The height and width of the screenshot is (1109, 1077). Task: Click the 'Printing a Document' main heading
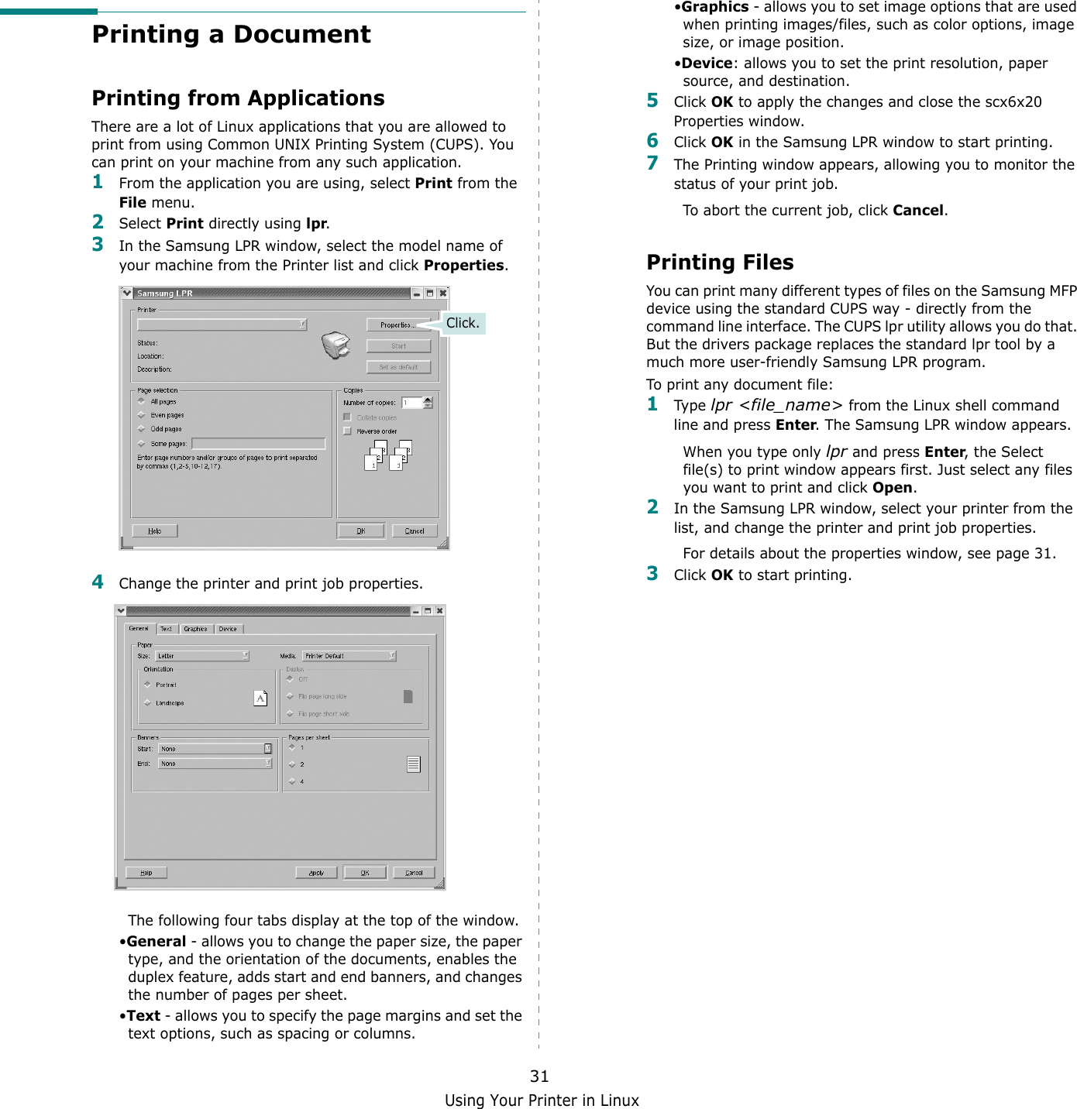click(x=231, y=35)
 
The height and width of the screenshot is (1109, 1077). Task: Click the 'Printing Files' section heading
click(x=720, y=263)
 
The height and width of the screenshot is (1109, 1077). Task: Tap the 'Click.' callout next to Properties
click(x=463, y=323)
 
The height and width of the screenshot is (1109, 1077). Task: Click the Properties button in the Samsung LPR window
click(x=398, y=325)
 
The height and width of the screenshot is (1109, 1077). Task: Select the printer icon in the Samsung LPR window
click(x=336, y=345)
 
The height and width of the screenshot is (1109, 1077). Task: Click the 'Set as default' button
click(x=398, y=367)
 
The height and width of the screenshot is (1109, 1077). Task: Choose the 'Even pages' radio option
click(x=143, y=415)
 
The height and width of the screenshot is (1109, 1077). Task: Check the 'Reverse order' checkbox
click(x=348, y=431)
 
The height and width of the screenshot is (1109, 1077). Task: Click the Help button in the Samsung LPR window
click(x=155, y=530)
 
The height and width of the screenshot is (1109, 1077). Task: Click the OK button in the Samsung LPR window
click(x=361, y=530)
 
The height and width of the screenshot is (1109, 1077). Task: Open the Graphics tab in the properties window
click(x=195, y=629)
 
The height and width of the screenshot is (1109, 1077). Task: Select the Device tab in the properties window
click(x=228, y=629)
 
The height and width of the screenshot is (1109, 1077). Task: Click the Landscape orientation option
click(x=147, y=702)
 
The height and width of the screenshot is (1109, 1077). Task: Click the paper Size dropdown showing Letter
click(x=202, y=656)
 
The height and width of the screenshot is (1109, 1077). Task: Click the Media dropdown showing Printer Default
click(x=349, y=656)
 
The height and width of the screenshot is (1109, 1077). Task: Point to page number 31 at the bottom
click(x=539, y=1076)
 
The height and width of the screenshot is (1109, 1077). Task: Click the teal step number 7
click(x=652, y=163)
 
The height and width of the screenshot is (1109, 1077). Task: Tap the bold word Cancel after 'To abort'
click(x=917, y=211)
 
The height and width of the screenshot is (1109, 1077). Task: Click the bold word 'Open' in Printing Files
click(x=892, y=488)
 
